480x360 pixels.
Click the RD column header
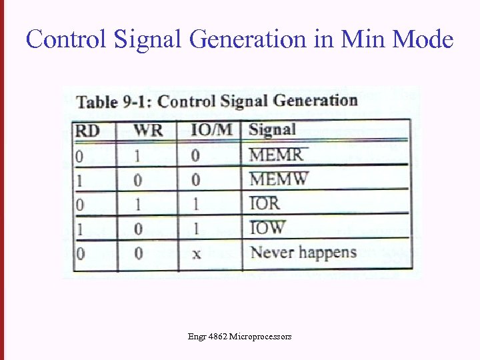click(87, 130)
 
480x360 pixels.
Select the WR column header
click(148, 129)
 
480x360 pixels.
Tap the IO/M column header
click(211, 129)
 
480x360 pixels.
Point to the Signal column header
click(272, 129)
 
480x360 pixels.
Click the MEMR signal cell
click(276, 155)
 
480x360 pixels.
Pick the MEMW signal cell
click(279, 179)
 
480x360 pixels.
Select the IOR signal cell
click(264, 203)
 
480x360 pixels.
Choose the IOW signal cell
click(267, 228)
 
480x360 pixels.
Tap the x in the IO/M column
click(196, 254)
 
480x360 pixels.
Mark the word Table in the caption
click(98, 102)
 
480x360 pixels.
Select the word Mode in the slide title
click(423, 39)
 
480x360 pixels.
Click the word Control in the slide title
click(67, 39)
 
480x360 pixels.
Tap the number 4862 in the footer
click(217, 337)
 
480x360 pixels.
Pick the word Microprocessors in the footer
click(260, 337)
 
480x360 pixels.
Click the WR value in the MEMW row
click(138, 180)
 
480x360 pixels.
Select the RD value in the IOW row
click(79, 229)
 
